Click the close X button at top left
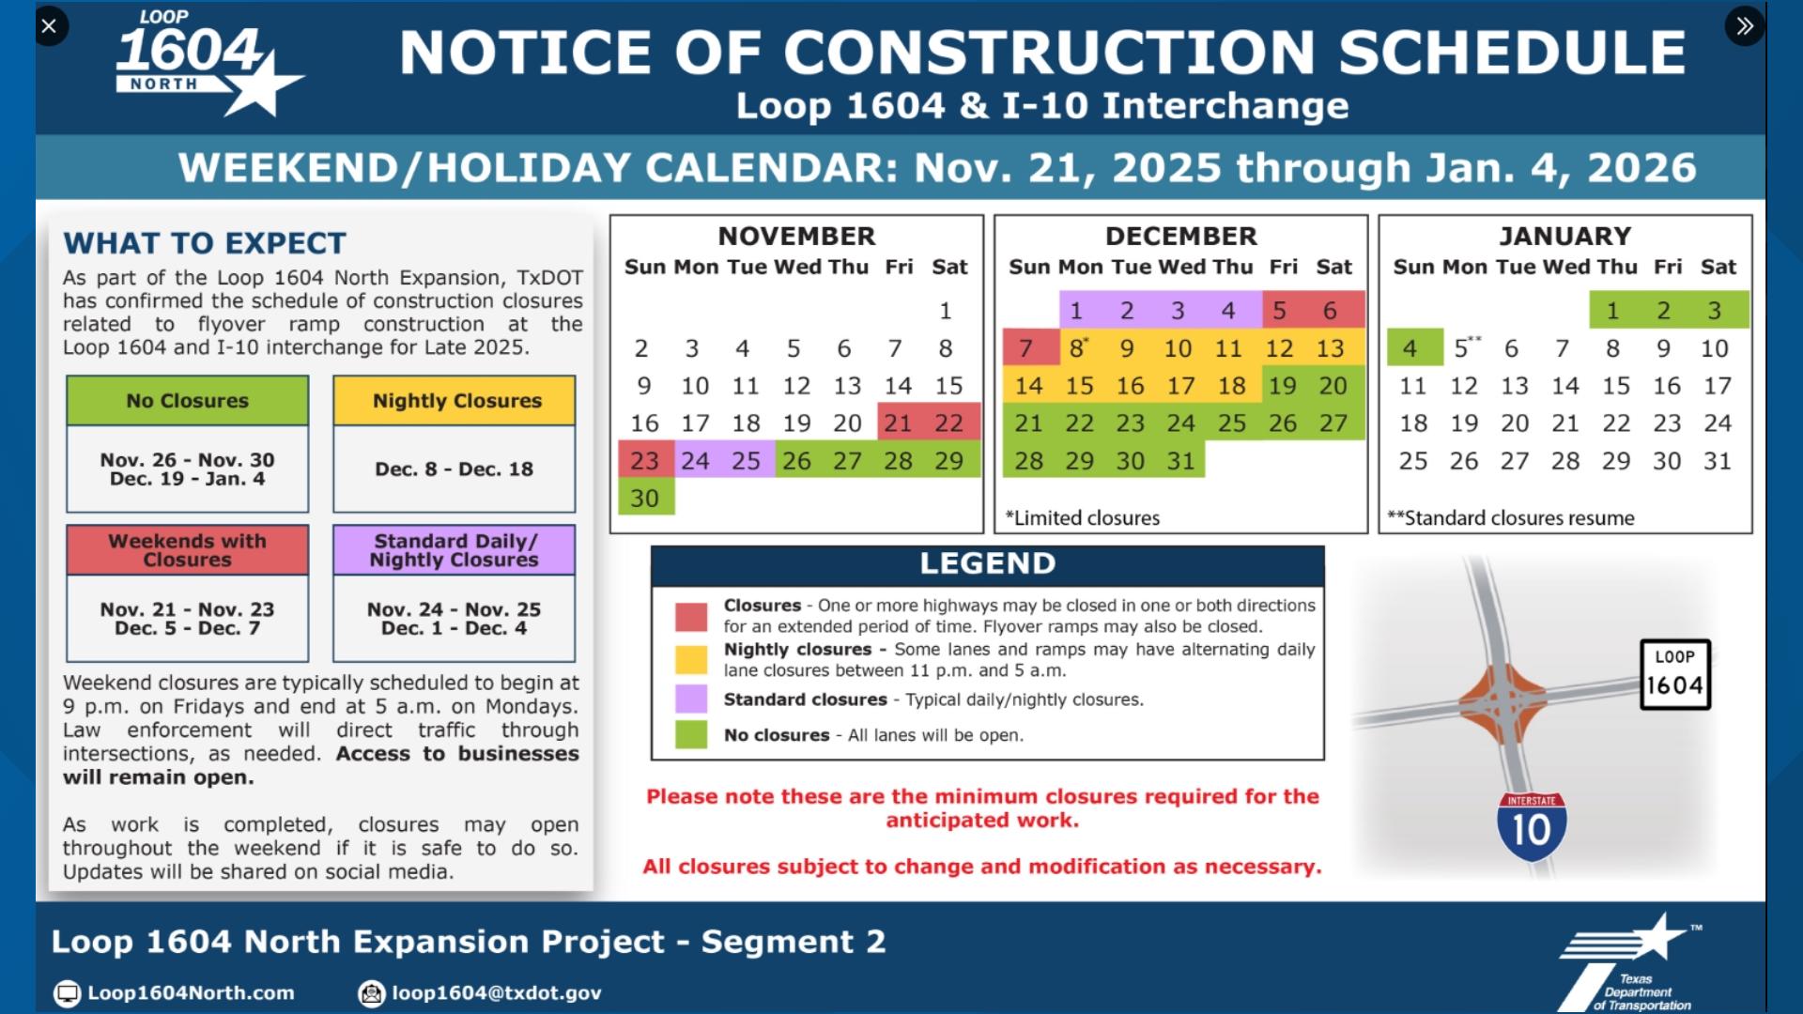[x=50, y=26]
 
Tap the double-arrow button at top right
[x=1744, y=26]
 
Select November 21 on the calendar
[x=898, y=423]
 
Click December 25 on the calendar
[x=1231, y=423]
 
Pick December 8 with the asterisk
[x=1077, y=348]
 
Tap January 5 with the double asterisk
[x=1463, y=348]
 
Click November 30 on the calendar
[x=645, y=499]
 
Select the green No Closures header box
[x=188, y=401]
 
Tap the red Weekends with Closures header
[x=188, y=550]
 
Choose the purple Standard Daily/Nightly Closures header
[x=455, y=550]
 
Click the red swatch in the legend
[x=691, y=617]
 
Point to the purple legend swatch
[x=691, y=699]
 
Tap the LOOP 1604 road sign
[x=1674, y=675]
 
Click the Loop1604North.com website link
[x=191, y=993]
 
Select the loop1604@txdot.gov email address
[x=496, y=993]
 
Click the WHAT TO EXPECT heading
[x=205, y=244]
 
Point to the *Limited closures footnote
[x=1083, y=518]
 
